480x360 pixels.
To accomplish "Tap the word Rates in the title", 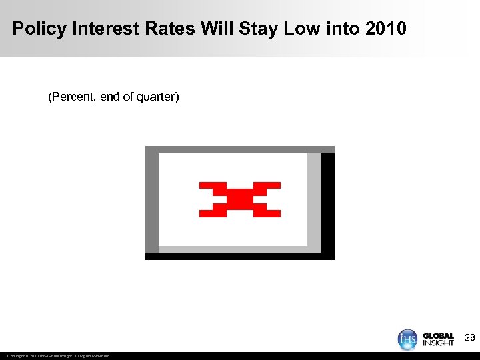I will coord(154,29).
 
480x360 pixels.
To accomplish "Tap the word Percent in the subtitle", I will coord(73,97).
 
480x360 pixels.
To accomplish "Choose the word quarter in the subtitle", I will coord(157,97).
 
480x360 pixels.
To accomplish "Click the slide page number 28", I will coord(469,338).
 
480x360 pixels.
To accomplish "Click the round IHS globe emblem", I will coord(407,339).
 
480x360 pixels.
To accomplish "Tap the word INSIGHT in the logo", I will coord(439,343).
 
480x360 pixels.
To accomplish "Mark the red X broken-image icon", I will coord(239,199).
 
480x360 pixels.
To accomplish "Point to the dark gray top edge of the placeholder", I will coord(239,149).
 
